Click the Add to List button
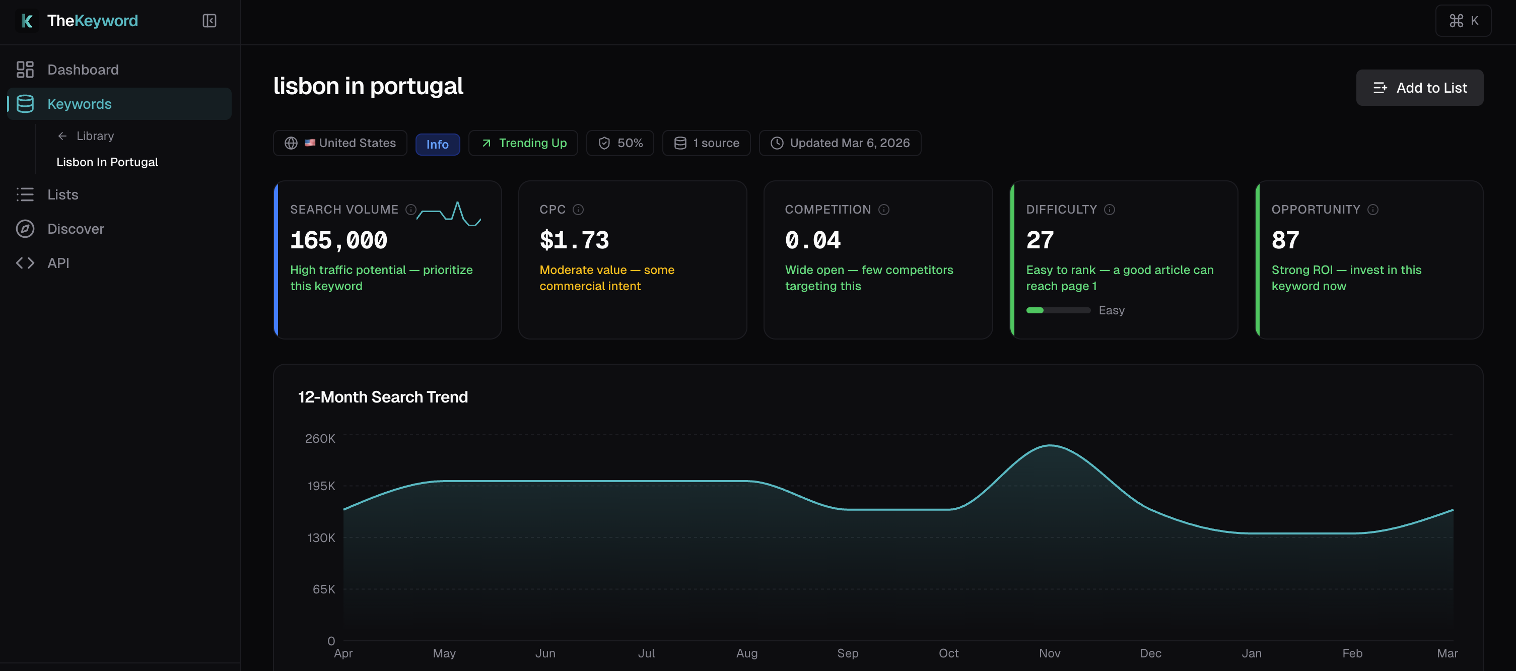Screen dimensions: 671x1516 (1419, 88)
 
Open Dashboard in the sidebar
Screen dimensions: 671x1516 (83, 70)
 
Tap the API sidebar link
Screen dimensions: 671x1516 (58, 262)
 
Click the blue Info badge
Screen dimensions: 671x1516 (437, 144)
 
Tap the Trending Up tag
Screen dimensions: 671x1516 (523, 143)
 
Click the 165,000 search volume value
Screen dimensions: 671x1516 (338, 240)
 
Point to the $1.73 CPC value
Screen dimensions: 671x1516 (574, 240)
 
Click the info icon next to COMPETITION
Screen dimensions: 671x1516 (883, 210)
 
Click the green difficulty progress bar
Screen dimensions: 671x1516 (1058, 310)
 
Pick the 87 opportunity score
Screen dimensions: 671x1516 (1285, 240)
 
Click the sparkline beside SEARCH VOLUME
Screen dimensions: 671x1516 (449, 214)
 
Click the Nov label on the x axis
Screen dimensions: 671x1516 (1049, 653)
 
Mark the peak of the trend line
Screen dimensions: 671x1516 (1049, 445)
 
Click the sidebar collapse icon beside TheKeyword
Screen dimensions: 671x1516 (209, 21)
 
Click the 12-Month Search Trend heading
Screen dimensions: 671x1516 (383, 397)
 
